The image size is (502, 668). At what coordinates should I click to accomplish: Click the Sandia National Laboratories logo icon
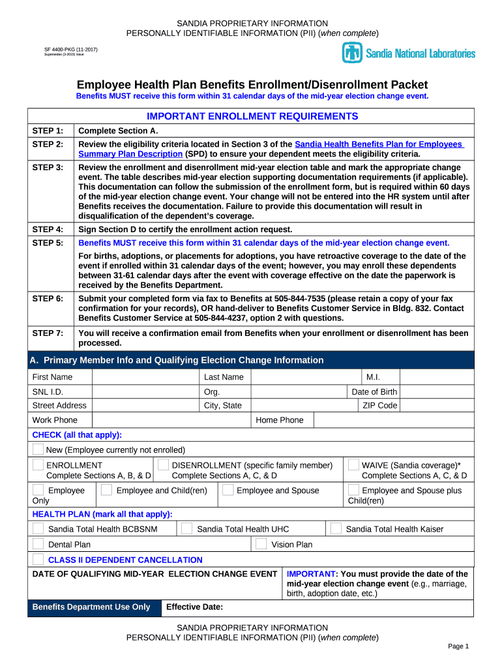pyautogui.click(x=352, y=53)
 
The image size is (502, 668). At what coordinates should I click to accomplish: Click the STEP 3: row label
pyautogui.click(x=48, y=168)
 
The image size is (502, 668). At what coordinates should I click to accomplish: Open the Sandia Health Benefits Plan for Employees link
pyautogui.click(x=379, y=144)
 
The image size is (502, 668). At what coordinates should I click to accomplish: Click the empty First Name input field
pyautogui.click(x=145, y=377)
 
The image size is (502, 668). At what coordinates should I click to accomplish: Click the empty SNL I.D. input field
pyautogui.click(x=145, y=392)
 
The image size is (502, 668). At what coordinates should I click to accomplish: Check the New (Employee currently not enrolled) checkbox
pyautogui.click(x=38, y=449)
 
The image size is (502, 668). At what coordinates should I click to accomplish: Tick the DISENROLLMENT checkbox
pyautogui.click(x=164, y=465)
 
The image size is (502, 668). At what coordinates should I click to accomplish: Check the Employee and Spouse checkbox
pyautogui.click(x=228, y=490)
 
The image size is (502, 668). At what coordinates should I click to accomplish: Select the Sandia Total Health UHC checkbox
pyautogui.click(x=186, y=528)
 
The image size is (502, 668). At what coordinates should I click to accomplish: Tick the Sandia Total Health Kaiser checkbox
pyautogui.click(x=336, y=528)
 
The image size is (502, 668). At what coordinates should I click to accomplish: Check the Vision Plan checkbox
pyautogui.click(x=261, y=544)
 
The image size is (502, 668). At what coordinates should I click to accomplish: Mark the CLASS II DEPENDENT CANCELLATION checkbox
pyautogui.click(x=38, y=559)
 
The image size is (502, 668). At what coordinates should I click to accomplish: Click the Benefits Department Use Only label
pyautogui.click(x=91, y=607)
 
